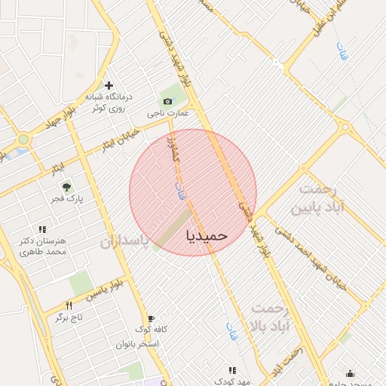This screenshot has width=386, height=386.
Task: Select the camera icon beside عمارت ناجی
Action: pos(167,101)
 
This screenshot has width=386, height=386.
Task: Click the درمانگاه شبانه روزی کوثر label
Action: pos(108,103)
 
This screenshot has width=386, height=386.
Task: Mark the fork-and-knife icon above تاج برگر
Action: pos(69,305)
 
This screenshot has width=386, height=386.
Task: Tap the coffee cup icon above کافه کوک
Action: pos(152,318)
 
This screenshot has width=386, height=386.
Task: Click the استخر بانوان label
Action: pos(137,344)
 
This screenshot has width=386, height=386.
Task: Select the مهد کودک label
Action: pos(232,381)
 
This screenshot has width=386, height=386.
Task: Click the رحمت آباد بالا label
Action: pos(272,319)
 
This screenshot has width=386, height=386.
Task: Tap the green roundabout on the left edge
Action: pos(23,139)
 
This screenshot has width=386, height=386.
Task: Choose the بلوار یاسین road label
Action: pos(104,291)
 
